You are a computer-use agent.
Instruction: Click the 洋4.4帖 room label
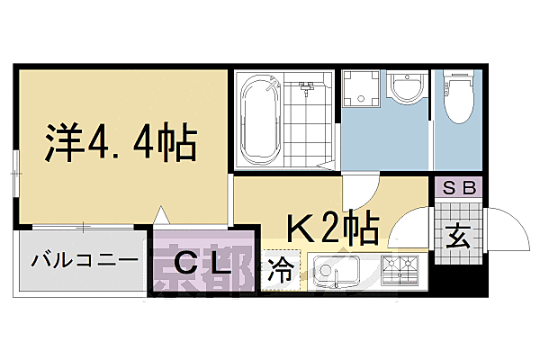point(121,142)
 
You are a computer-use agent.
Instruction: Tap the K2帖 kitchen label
point(332,229)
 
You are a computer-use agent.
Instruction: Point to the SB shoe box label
point(459,189)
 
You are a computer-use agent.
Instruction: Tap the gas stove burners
point(400,269)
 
